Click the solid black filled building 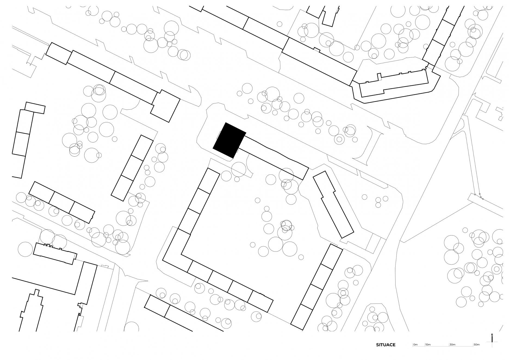tap(229, 140)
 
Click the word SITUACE tap(386, 345)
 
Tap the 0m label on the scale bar tap(415, 345)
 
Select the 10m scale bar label tap(428, 345)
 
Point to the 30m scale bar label tap(452, 345)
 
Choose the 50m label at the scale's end tap(477, 345)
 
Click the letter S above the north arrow tap(492, 335)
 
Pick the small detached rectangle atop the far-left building tap(35, 108)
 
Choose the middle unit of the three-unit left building tap(62, 202)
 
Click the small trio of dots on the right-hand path tap(479, 197)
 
